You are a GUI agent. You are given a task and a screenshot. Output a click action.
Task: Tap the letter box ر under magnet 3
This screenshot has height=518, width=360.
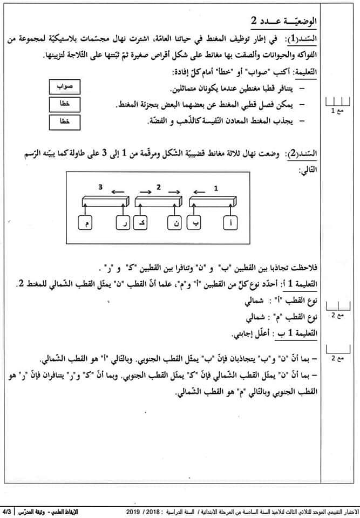(123, 223)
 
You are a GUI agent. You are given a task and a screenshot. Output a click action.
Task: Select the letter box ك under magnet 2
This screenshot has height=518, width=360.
(140, 223)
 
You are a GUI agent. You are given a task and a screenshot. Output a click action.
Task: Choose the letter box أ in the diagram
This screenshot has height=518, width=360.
(231, 223)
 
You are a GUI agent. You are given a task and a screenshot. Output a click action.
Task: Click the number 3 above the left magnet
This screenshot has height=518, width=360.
(100, 187)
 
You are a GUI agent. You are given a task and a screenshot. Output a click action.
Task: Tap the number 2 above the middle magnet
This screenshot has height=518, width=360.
(158, 187)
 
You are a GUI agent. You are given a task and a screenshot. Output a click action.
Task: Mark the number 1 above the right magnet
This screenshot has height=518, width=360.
(216, 188)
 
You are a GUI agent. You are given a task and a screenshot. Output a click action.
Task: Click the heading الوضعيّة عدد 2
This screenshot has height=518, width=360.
(286, 21)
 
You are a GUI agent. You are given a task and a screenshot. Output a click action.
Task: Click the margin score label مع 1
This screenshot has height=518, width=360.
(337, 110)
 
